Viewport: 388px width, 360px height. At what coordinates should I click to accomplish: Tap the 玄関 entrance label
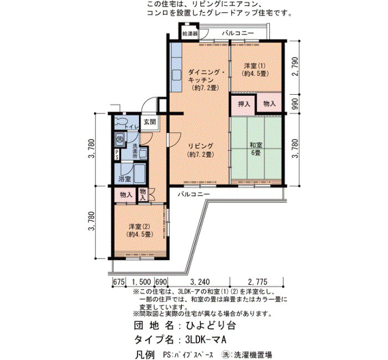pyautogui.click(x=150, y=122)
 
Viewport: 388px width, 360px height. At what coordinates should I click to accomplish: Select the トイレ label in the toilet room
pyautogui.click(x=132, y=127)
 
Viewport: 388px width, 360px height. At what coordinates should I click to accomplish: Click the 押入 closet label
pyautogui.click(x=244, y=104)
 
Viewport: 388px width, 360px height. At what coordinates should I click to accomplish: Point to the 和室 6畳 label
pyautogui.click(x=256, y=148)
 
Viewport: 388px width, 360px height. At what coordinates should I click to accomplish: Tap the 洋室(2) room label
pyautogui.click(x=139, y=230)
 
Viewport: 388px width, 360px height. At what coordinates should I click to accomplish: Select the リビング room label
pyautogui.click(x=201, y=150)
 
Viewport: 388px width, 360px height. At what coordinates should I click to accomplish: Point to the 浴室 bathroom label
pyautogui.click(x=125, y=179)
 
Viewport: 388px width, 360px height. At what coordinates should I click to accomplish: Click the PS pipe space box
pyautogui.click(x=116, y=155)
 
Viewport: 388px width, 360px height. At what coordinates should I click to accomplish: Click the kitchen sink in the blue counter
pyautogui.click(x=176, y=75)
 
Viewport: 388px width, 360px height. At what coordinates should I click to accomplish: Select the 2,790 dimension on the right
pyautogui.click(x=295, y=66)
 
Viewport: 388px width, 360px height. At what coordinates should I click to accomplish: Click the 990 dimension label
pyautogui.click(x=295, y=104)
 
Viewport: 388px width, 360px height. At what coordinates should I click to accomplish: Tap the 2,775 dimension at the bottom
pyautogui.click(x=258, y=282)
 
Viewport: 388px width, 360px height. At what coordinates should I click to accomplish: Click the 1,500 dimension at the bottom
pyautogui.click(x=141, y=282)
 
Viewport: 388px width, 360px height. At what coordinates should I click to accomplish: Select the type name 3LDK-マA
pyautogui.click(x=206, y=340)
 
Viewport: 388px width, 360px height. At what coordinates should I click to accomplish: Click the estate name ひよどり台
pyautogui.click(x=210, y=326)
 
